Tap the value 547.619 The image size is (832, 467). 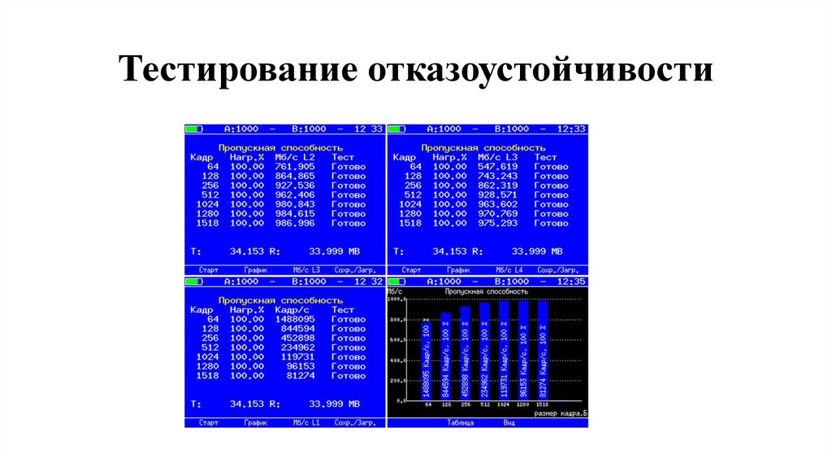pyautogui.click(x=497, y=167)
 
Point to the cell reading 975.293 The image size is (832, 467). pyautogui.click(x=497, y=224)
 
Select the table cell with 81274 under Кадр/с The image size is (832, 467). pyautogui.click(x=297, y=376)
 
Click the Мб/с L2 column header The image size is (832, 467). pyautogui.click(x=295, y=157)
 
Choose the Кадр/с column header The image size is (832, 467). pyautogui.click(x=292, y=310)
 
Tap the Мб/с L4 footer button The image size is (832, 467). pyautogui.click(x=509, y=270)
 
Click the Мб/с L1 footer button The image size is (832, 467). pyautogui.click(x=306, y=423)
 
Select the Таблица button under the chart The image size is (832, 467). pyautogui.click(x=460, y=423)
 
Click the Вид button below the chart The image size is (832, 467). pyautogui.click(x=509, y=423)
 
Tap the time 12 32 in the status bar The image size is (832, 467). pyautogui.click(x=369, y=282)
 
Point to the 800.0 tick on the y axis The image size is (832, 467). pyautogui.click(x=396, y=320)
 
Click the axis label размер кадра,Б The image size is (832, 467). pyautogui.click(x=560, y=413)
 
